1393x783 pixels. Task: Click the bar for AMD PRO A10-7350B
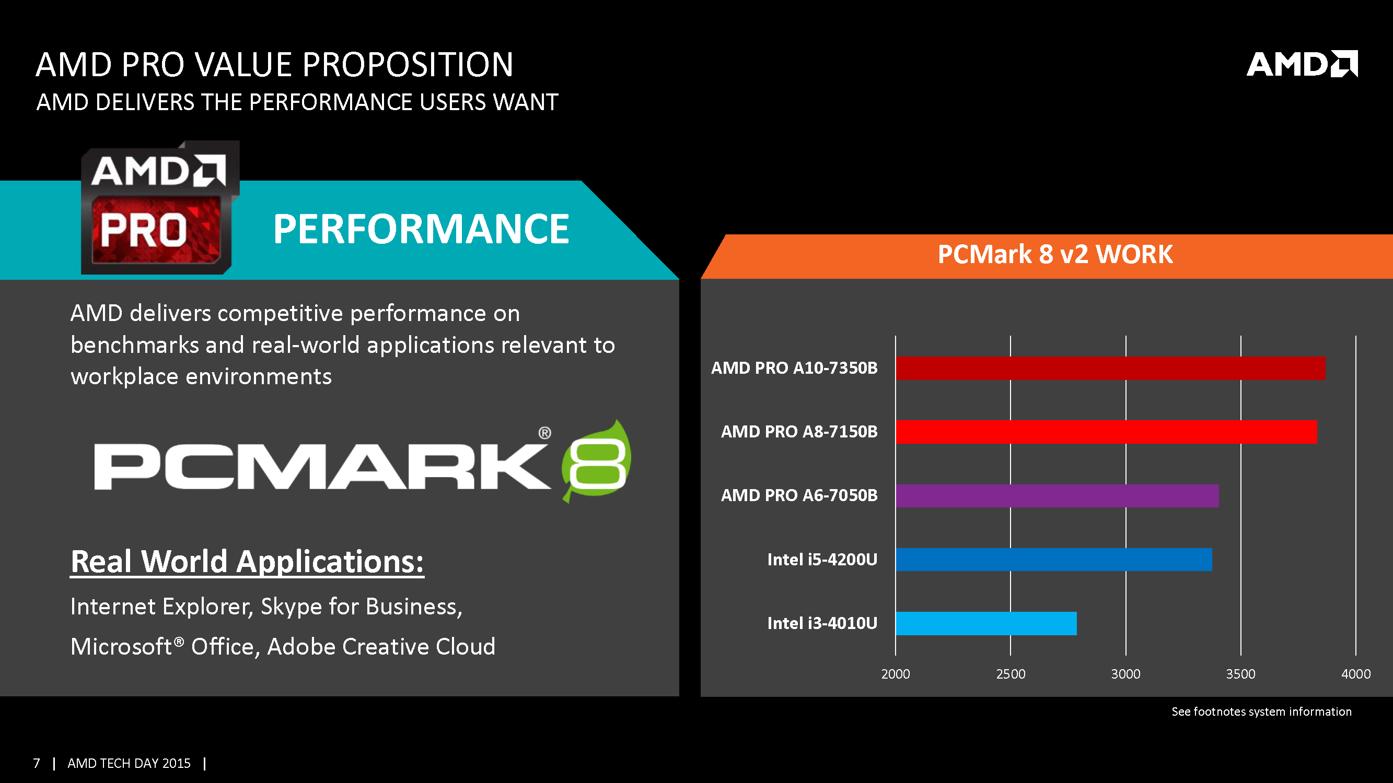[1110, 368]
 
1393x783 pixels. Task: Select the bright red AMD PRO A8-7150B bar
[1105, 432]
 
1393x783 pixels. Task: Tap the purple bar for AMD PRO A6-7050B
[1057, 495]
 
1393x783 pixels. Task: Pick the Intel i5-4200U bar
[1053, 559]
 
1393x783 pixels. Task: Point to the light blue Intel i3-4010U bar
[985, 623]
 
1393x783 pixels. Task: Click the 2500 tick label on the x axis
[1010, 674]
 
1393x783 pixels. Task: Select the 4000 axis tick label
[1355, 674]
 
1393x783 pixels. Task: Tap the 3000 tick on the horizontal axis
[1125, 674]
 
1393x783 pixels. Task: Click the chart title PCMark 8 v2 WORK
[1054, 255]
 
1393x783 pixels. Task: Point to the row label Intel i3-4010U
[821, 623]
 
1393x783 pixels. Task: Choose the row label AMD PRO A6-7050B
[799, 495]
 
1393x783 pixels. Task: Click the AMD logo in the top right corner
[1301, 64]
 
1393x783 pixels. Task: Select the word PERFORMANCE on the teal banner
[420, 229]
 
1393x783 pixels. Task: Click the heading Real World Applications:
[247, 562]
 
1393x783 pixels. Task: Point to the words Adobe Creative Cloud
[381, 647]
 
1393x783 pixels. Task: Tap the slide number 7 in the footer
[36, 763]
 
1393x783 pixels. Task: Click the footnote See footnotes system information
[1261, 711]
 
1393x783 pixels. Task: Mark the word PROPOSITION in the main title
[407, 65]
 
